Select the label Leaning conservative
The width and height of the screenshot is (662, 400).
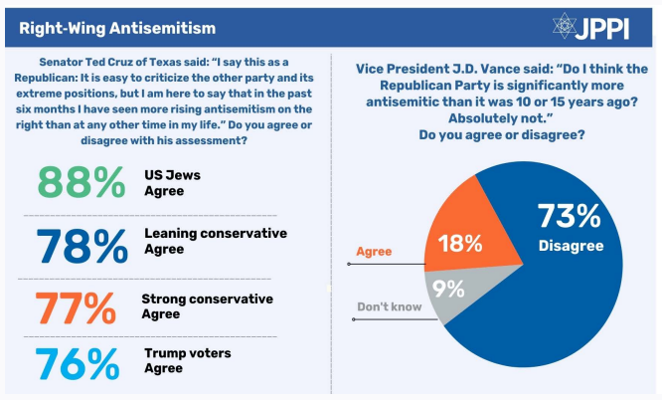[x=215, y=234]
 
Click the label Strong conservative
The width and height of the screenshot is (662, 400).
[x=208, y=299]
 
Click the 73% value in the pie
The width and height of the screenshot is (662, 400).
[x=570, y=216]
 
